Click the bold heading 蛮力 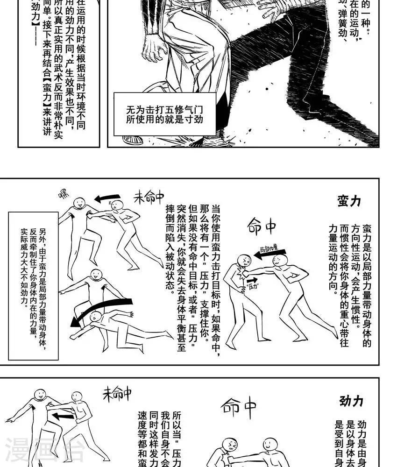point(349,201)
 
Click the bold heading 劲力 point(351,401)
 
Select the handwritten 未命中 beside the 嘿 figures point(149,197)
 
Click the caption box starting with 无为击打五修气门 point(165,114)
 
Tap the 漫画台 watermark point(44,451)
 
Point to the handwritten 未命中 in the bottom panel point(117,395)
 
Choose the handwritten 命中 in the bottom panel point(238,407)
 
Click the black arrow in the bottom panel point(63,415)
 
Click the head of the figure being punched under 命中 point(243,261)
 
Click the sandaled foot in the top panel point(133,140)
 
